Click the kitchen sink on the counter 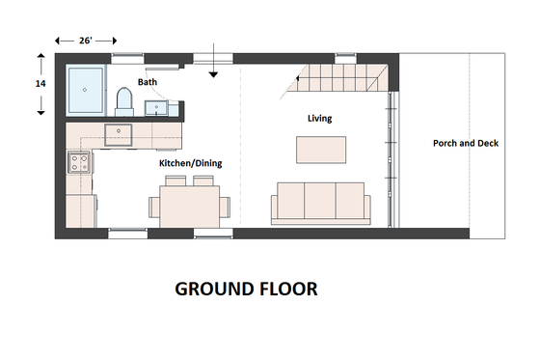[x=123, y=131]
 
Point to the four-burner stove [x=78, y=162]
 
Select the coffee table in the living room [x=321, y=149]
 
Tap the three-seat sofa [x=320, y=204]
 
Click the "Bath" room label [x=148, y=83]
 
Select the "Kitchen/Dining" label [x=190, y=164]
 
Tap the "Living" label [x=319, y=119]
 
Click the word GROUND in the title [x=209, y=289]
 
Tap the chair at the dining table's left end [x=153, y=206]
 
